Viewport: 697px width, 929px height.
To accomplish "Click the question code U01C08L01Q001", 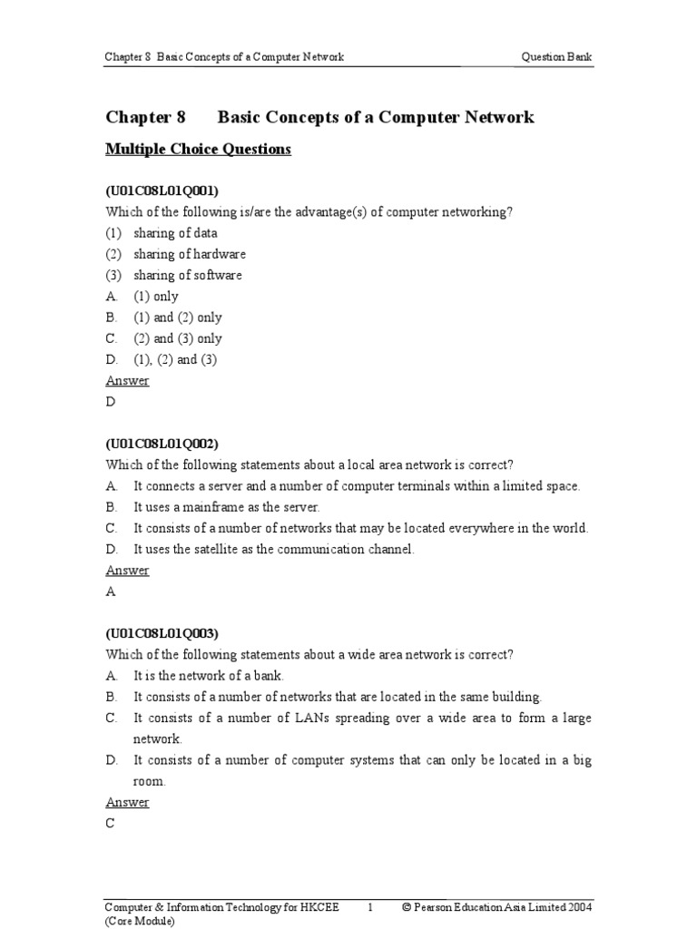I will point(162,191).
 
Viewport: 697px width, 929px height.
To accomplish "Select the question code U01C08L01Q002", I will point(162,444).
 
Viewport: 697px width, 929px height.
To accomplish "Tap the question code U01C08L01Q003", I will point(162,633).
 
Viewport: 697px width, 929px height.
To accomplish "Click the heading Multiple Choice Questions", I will point(198,150).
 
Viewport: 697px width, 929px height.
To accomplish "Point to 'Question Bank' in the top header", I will point(556,57).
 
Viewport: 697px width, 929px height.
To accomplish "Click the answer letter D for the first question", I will point(111,402).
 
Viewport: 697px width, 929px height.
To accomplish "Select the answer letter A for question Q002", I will point(111,592).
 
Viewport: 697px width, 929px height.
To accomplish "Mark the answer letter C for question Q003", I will point(111,823).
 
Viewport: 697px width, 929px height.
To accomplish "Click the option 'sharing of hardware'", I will point(190,254).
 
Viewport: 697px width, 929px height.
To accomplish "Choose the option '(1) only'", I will point(156,297).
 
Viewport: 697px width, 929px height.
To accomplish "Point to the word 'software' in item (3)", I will point(217,275).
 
